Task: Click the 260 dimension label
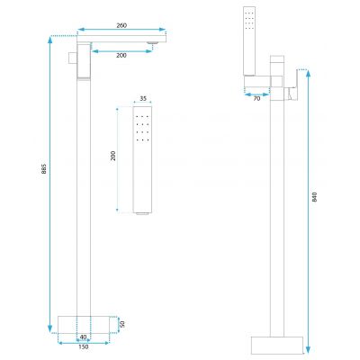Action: [x=121, y=25]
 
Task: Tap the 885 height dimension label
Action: [x=44, y=168]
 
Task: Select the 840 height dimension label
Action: [x=314, y=196]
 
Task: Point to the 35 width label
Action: [x=143, y=98]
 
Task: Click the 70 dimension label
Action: [x=256, y=98]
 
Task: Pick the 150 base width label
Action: [x=84, y=346]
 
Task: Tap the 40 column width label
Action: [x=84, y=337]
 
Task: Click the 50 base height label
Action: [x=122, y=324]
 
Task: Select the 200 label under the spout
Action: [x=121, y=56]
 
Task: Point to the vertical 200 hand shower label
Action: [x=113, y=156]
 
